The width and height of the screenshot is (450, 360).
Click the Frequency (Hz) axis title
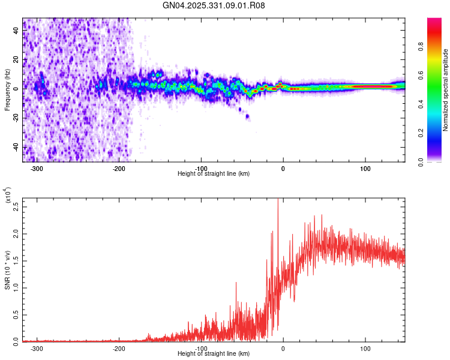tap(7, 90)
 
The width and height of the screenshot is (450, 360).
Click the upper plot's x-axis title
tap(214, 173)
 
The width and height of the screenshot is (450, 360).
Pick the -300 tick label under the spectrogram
tap(37, 169)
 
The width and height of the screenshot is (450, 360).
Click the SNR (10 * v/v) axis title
tap(7, 270)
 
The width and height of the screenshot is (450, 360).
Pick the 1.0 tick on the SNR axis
tap(16, 287)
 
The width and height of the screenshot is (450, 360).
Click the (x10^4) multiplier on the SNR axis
tap(8, 196)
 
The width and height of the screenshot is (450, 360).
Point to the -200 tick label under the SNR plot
tap(119, 348)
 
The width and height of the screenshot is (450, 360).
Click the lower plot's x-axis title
tap(214, 353)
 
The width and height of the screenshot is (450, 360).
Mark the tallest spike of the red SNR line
tap(278, 200)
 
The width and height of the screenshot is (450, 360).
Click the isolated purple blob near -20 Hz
tap(247, 116)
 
